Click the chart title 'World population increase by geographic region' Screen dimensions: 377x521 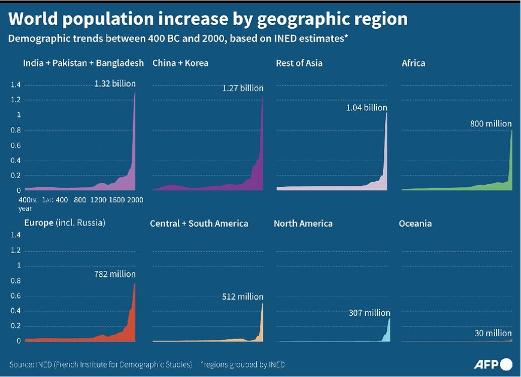pos(208,19)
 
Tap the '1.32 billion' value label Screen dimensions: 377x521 pos(115,83)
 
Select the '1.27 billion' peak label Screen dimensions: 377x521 pos(243,88)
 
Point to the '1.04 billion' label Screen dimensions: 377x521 pos(366,108)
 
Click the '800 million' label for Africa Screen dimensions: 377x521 pos(491,124)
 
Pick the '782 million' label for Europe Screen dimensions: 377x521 pos(115,274)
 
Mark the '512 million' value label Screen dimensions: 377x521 pos(242,296)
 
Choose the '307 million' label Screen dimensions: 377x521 pos(369,313)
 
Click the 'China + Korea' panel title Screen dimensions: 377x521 pos(180,63)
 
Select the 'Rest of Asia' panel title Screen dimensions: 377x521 pos(299,63)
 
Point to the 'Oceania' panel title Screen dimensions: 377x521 pos(415,224)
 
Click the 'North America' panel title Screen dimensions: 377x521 pos(303,224)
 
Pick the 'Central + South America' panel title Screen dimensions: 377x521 pos(199,224)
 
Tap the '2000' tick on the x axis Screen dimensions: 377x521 pos(135,200)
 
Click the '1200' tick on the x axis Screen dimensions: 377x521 pos(98,200)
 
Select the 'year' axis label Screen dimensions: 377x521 pos(25,209)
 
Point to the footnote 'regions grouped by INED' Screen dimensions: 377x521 pos(243,364)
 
